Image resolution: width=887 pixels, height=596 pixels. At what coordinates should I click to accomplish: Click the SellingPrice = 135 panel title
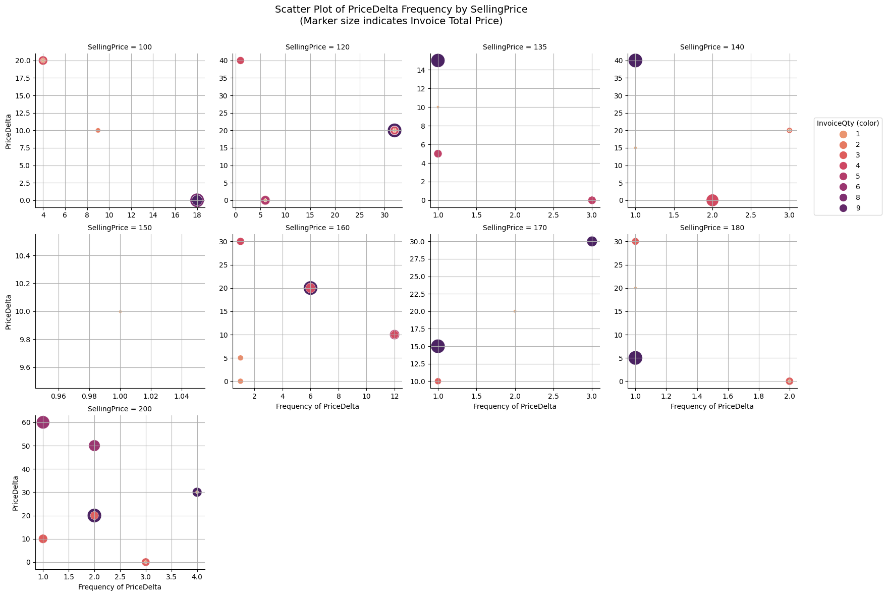515,47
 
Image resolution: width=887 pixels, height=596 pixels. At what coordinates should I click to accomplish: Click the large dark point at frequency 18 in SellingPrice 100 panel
197,200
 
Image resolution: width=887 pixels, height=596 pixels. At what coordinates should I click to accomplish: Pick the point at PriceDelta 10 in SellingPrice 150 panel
120,311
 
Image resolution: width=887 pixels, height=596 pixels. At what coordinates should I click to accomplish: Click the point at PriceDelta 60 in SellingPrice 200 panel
43,422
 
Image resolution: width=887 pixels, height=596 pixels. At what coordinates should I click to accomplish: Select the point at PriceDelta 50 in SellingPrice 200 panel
94,446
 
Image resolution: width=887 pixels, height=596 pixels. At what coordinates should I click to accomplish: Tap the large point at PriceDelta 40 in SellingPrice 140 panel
635,61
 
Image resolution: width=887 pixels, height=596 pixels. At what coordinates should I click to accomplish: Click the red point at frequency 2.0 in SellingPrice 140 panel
712,200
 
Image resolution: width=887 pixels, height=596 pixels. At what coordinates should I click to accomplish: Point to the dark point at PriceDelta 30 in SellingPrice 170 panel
592,242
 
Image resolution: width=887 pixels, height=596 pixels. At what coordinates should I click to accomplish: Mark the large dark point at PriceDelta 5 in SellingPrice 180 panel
635,358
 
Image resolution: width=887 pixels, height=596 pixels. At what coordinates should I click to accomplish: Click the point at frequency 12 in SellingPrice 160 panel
395,335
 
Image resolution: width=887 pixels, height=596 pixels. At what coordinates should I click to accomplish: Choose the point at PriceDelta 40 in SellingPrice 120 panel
241,61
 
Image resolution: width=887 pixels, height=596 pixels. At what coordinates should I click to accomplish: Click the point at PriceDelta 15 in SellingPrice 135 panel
438,61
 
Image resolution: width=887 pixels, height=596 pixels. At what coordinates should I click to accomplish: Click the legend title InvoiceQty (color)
848,123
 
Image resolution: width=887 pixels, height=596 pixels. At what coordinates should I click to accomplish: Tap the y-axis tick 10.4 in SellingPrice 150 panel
23,256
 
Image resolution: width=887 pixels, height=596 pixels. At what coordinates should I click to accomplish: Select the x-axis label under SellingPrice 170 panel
515,406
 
